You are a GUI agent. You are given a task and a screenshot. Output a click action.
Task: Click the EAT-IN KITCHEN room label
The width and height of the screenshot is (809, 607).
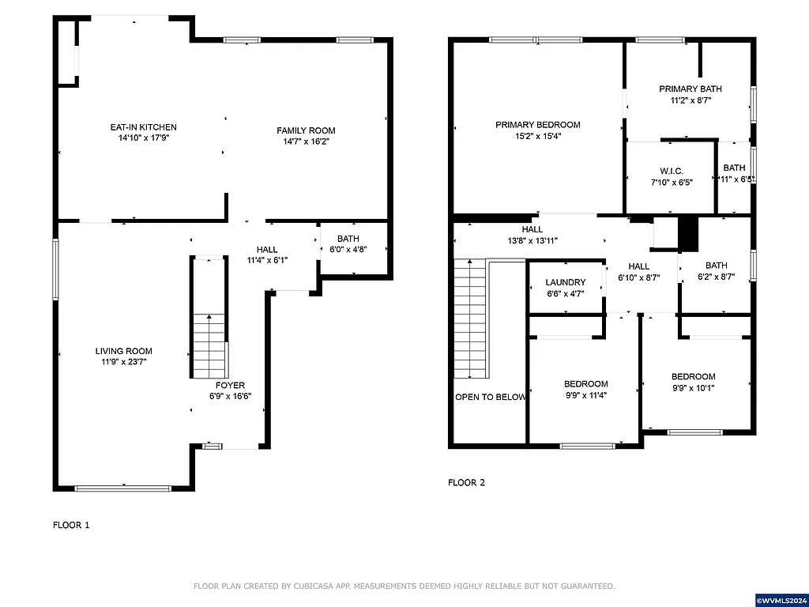(x=143, y=127)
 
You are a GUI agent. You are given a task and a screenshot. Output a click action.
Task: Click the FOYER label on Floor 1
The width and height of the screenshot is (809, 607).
(x=230, y=386)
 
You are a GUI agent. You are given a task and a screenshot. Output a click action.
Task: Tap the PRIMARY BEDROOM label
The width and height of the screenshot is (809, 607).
(x=538, y=125)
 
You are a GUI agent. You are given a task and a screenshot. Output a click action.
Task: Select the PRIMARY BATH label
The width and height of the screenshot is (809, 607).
(x=690, y=89)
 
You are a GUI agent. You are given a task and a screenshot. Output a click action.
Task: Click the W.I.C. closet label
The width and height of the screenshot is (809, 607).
(x=671, y=172)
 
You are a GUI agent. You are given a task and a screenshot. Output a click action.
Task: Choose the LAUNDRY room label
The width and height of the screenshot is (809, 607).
(x=566, y=282)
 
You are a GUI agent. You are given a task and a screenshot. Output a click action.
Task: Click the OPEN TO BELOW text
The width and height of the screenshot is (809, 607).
(x=490, y=397)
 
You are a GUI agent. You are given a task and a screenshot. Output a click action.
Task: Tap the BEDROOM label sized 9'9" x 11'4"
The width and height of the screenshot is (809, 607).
(x=585, y=384)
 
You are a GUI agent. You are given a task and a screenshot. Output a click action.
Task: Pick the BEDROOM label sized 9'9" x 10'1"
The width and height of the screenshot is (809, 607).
(x=693, y=377)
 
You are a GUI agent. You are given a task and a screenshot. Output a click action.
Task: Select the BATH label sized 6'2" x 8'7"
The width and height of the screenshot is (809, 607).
(x=716, y=266)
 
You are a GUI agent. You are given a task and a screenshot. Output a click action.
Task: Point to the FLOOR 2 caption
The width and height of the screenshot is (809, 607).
(x=466, y=482)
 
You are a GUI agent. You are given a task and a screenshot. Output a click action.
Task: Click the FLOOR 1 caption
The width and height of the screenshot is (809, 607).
(x=71, y=525)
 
